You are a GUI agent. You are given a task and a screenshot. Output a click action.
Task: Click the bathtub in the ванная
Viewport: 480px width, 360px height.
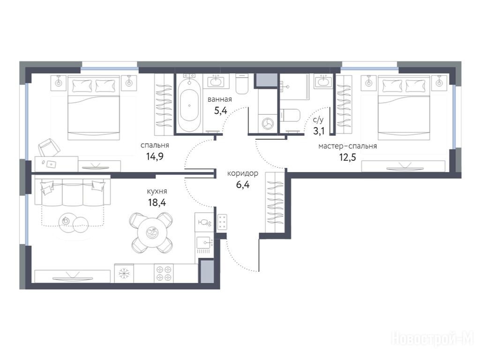(x=189, y=106)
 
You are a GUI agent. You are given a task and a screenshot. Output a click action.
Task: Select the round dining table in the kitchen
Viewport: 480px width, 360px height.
(x=152, y=232)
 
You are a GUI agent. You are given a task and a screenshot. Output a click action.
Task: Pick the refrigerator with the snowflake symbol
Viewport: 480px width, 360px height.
(x=124, y=273)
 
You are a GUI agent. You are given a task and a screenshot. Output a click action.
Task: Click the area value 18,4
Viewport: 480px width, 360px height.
(x=157, y=202)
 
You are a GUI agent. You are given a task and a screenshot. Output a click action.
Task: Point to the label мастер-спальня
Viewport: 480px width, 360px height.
(x=347, y=146)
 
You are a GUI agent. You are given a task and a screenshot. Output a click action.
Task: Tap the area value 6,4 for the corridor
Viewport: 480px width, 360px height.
(x=242, y=185)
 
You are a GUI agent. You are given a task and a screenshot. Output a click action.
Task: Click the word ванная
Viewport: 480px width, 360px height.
(x=219, y=99)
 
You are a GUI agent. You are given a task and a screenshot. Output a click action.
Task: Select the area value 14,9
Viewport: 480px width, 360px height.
(x=155, y=157)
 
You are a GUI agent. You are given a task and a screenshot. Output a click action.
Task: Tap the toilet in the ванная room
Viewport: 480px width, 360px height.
(x=242, y=84)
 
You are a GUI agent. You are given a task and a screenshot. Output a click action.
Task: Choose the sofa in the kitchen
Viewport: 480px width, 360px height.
(x=73, y=192)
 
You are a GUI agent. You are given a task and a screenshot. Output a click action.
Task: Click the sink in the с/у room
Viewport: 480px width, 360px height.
(x=322, y=82)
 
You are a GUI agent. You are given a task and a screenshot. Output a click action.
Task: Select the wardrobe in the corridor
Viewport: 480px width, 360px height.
(x=275, y=202)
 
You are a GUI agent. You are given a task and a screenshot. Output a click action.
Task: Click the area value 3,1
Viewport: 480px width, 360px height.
(x=318, y=131)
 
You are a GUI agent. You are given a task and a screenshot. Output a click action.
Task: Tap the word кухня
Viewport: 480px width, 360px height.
(x=157, y=191)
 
